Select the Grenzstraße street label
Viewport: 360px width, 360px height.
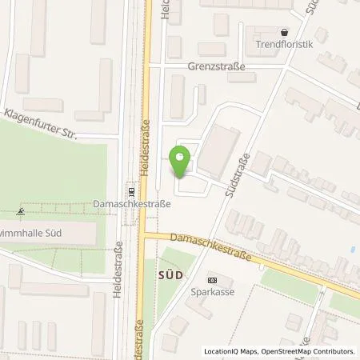(x=217, y=67)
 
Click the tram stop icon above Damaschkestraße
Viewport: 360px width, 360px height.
(x=132, y=192)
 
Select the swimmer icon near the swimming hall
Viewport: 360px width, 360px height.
(x=20, y=213)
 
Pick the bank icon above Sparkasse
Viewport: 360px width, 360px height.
(x=212, y=280)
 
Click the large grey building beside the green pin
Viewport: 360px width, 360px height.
(x=217, y=153)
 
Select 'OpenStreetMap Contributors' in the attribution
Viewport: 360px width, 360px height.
(x=309, y=351)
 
